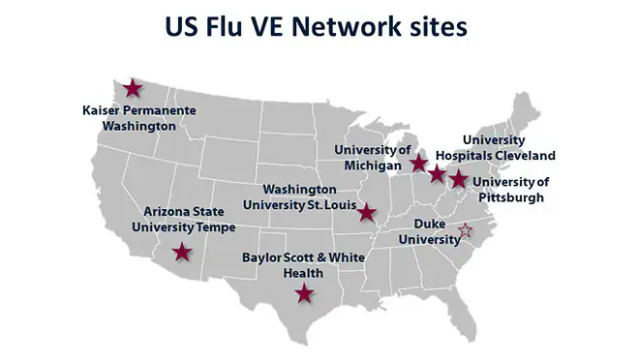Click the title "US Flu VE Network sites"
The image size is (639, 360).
tap(319, 26)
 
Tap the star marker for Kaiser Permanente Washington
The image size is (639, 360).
tap(133, 89)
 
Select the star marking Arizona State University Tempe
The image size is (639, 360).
tap(182, 253)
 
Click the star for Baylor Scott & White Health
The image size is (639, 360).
tap(305, 293)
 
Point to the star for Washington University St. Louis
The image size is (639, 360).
tap(367, 212)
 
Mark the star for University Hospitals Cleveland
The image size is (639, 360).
tap(438, 174)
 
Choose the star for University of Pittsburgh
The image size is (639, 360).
tap(459, 179)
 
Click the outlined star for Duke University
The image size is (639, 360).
tap(465, 230)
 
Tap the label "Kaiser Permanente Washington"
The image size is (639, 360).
tap(139, 118)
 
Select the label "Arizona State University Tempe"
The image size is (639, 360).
tap(184, 219)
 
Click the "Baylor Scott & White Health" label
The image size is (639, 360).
tap(303, 265)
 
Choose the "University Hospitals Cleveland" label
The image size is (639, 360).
tap(508, 147)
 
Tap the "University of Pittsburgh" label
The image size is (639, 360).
tap(511, 189)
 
